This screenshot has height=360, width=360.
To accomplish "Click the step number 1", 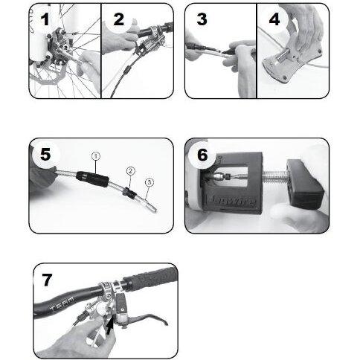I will coord(43,20).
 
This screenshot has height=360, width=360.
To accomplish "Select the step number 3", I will coord(202,19).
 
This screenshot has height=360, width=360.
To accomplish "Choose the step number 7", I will coord(48,280).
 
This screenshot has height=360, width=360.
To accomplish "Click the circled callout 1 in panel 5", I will coord(95,156).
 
